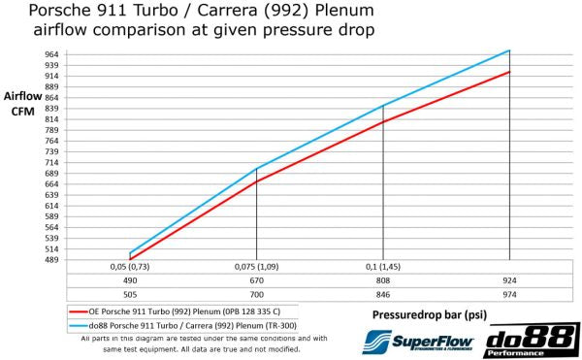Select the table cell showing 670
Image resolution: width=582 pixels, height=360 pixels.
click(257, 279)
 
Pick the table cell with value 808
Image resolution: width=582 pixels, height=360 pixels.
click(383, 279)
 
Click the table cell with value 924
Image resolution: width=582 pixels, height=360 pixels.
click(509, 279)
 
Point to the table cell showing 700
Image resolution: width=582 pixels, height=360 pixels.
click(257, 293)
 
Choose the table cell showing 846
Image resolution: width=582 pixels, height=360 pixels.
click(383, 293)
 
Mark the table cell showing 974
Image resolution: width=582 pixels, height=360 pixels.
click(509, 293)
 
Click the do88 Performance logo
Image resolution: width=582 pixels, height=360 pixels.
click(531, 341)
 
